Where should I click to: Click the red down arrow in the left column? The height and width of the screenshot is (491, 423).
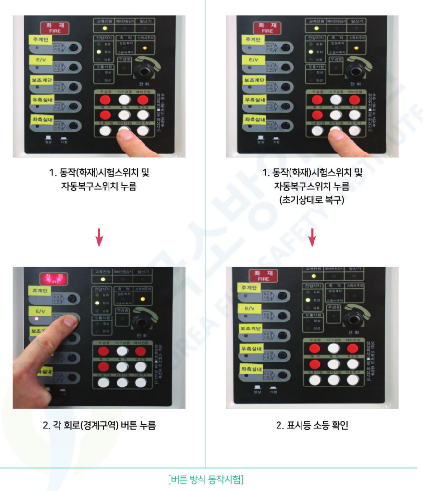(99, 237)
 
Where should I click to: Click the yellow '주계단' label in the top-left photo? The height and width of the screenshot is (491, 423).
(42, 40)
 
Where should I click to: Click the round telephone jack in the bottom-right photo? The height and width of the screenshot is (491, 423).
(354, 317)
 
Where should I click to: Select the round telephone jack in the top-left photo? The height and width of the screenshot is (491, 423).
(143, 70)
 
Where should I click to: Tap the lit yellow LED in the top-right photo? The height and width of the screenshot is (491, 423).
(356, 48)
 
